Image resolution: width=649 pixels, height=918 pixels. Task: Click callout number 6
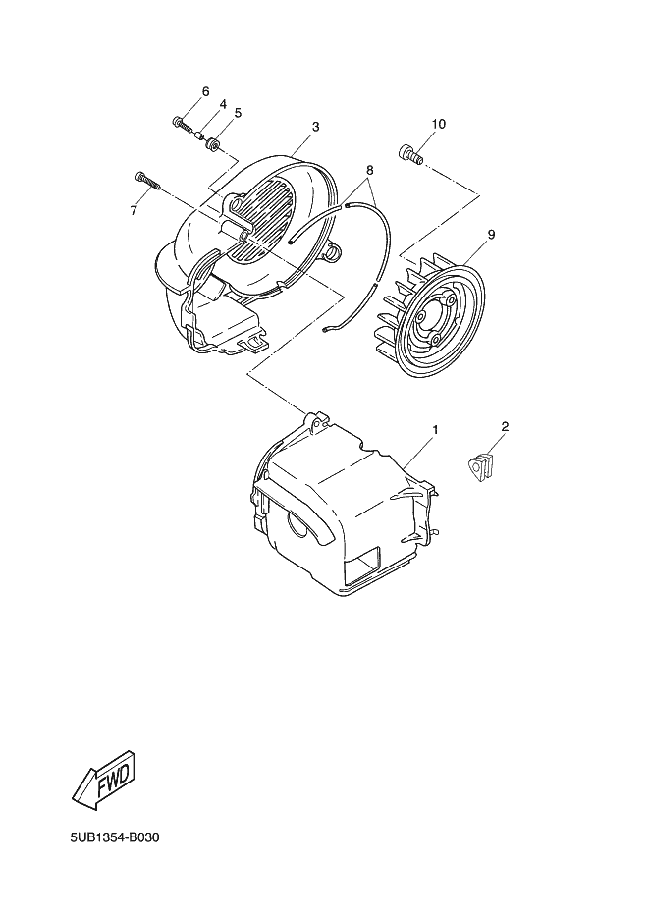coord(205,91)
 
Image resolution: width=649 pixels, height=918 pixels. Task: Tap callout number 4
coord(223,104)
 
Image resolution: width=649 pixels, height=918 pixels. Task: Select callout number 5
coord(238,112)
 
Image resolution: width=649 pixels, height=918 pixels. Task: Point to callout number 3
coord(315,127)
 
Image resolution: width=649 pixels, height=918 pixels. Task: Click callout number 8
coord(369,169)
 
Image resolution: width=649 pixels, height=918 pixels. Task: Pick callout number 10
coord(437,124)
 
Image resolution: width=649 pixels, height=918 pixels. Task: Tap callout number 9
coord(489,235)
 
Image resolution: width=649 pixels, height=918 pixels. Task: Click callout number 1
coord(434,430)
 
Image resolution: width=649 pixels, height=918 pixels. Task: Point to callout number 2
coord(504,426)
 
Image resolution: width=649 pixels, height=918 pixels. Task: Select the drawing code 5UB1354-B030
coord(114,838)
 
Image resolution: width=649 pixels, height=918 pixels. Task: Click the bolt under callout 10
coord(409,154)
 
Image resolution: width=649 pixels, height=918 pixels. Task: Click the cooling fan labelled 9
coord(433,314)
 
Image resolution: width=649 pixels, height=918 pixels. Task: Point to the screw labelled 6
coord(183,124)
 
